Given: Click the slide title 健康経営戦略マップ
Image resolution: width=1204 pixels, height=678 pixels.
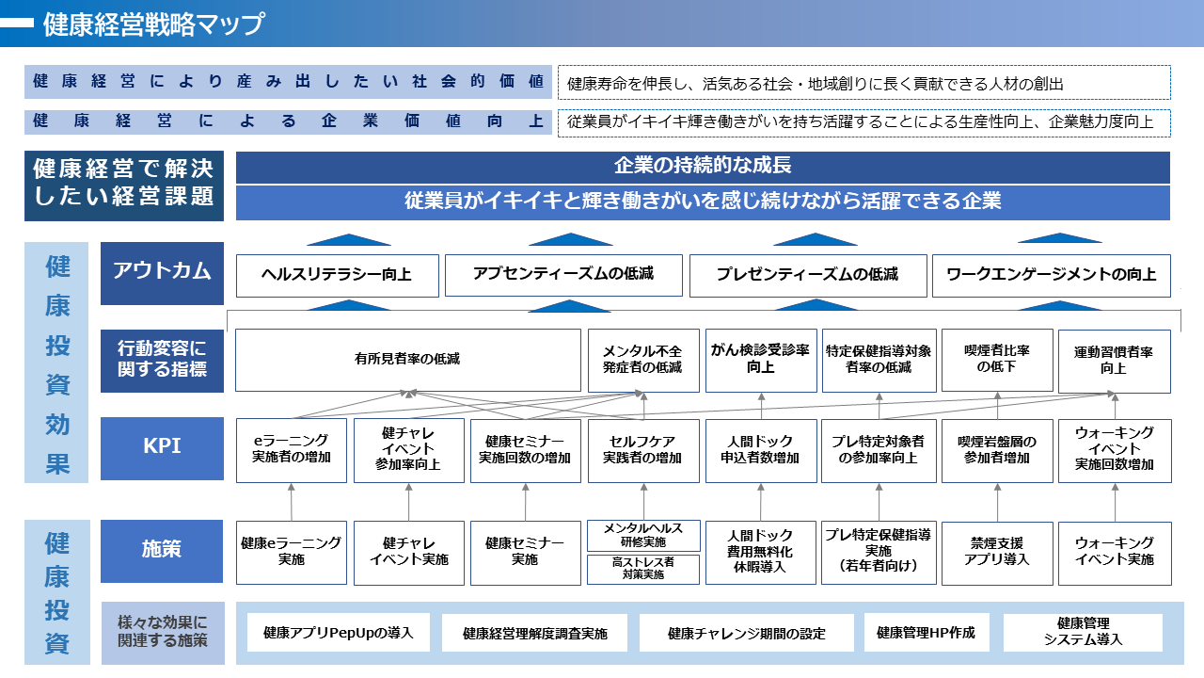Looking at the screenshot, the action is coord(153,24).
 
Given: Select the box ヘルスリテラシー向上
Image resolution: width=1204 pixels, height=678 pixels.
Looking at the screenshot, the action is coord(337,276).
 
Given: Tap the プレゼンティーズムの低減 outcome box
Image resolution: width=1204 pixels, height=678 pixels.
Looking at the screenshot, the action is coord(808,276).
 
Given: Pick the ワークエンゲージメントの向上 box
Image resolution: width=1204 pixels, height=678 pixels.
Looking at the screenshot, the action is coord(1052,276).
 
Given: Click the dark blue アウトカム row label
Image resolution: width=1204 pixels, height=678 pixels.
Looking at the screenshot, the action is coord(162,273).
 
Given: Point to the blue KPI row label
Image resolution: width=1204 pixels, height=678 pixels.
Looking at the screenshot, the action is coord(162,448).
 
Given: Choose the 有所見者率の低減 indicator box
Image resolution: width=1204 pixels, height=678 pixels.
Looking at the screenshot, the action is coord(408,360).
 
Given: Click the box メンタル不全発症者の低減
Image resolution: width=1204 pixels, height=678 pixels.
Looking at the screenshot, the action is coord(643,360).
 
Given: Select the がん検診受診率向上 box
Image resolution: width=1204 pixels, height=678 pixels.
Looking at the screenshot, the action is coord(761,360).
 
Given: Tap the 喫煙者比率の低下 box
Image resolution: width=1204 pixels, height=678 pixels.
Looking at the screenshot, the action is coord(997,360).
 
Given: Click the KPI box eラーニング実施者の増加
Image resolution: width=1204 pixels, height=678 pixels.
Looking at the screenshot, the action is coord(292,450).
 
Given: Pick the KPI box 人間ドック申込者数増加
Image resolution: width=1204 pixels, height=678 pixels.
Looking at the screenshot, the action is coord(761,450).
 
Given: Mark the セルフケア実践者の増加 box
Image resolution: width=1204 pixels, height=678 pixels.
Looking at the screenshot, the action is coord(643,450).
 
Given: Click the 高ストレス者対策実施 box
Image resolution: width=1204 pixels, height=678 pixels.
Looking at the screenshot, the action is coord(643,569).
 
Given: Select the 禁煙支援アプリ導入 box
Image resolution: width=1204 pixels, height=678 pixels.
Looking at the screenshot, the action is coord(997,553).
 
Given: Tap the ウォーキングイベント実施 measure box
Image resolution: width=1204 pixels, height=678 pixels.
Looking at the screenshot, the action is coord(1115,553).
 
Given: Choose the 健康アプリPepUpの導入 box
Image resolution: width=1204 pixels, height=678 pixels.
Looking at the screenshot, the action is coord(338,632).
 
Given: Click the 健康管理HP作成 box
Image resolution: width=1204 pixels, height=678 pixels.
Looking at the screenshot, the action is coord(927,632).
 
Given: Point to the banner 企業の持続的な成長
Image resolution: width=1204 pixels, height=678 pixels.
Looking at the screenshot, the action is coord(703,167).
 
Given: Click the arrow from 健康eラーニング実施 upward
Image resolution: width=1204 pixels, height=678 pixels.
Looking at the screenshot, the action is coord(292,502).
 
